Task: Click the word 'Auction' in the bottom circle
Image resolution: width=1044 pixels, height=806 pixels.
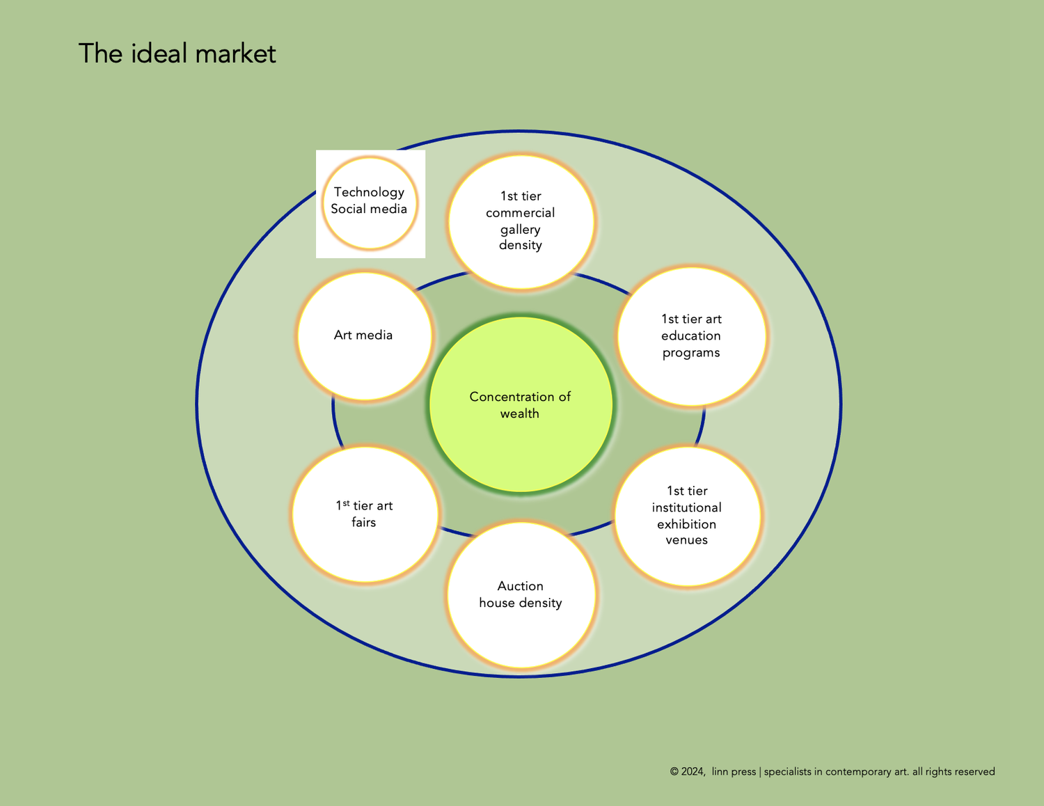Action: point(520,586)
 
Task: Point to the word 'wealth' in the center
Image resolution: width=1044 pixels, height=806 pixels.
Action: point(519,413)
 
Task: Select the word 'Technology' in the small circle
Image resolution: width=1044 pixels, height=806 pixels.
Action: point(369,192)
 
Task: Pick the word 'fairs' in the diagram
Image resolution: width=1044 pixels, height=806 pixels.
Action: point(363,522)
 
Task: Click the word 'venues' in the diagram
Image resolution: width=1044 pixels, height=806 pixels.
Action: point(686,540)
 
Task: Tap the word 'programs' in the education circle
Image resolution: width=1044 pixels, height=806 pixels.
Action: point(691,353)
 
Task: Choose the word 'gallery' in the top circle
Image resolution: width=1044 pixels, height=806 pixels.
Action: point(520,229)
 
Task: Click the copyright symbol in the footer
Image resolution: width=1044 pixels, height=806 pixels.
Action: point(674,772)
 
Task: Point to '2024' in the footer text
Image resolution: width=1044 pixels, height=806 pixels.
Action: point(693,772)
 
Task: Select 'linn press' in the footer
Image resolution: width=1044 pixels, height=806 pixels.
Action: point(734,772)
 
